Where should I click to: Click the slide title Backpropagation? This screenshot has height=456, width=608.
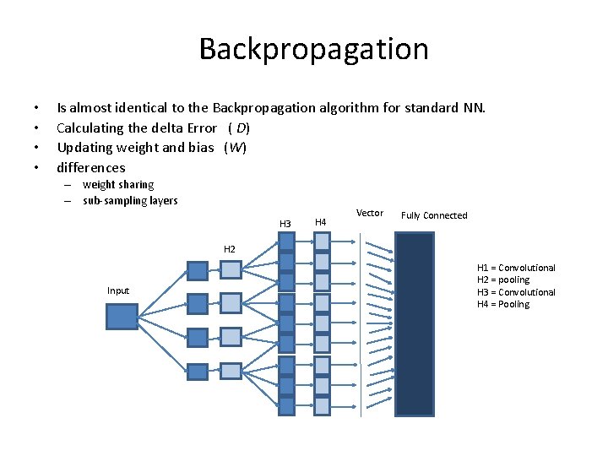click(x=313, y=49)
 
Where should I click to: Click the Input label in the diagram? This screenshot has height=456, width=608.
click(x=118, y=290)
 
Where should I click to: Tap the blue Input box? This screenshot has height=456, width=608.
click(x=121, y=316)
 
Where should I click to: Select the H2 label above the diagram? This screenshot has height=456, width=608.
click(x=230, y=249)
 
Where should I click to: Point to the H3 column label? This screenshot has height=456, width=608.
click(x=285, y=223)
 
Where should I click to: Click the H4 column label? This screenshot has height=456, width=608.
click(x=320, y=222)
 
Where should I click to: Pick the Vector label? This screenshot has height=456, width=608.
click(x=370, y=213)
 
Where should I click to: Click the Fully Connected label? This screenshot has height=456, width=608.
click(x=434, y=215)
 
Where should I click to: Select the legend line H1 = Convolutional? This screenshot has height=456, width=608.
click(x=516, y=268)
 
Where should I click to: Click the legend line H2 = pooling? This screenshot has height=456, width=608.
click(x=503, y=280)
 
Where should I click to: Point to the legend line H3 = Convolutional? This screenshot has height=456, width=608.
click(x=516, y=292)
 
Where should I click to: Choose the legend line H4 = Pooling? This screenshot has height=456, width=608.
click(x=503, y=304)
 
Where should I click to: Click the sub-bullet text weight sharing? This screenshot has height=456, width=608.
click(x=118, y=184)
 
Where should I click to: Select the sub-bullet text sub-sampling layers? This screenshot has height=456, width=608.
click(x=130, y=200)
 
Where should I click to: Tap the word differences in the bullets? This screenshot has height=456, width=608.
click(x=90, y=167)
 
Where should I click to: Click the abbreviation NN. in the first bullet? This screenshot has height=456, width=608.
click(x=474, y=108)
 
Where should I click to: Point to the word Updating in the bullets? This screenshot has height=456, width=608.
click(x=84, y=148)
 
